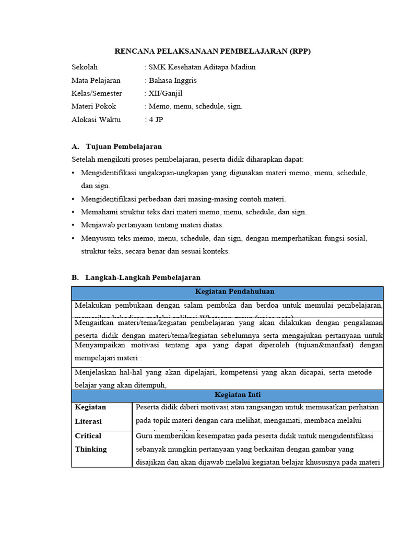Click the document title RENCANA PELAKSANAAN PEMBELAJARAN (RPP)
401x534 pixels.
216,51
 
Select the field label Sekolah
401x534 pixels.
85,67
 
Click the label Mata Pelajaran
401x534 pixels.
96,80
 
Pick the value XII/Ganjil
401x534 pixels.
166,93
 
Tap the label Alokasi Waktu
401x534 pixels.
96,119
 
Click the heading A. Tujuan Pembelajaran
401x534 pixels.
116,147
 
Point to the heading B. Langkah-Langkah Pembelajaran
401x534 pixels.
136,277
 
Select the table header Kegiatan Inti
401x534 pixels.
227,395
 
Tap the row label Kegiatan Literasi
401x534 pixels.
90,414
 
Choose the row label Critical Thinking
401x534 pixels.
90,442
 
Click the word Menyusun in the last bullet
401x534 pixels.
96,238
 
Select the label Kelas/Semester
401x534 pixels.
97,93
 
